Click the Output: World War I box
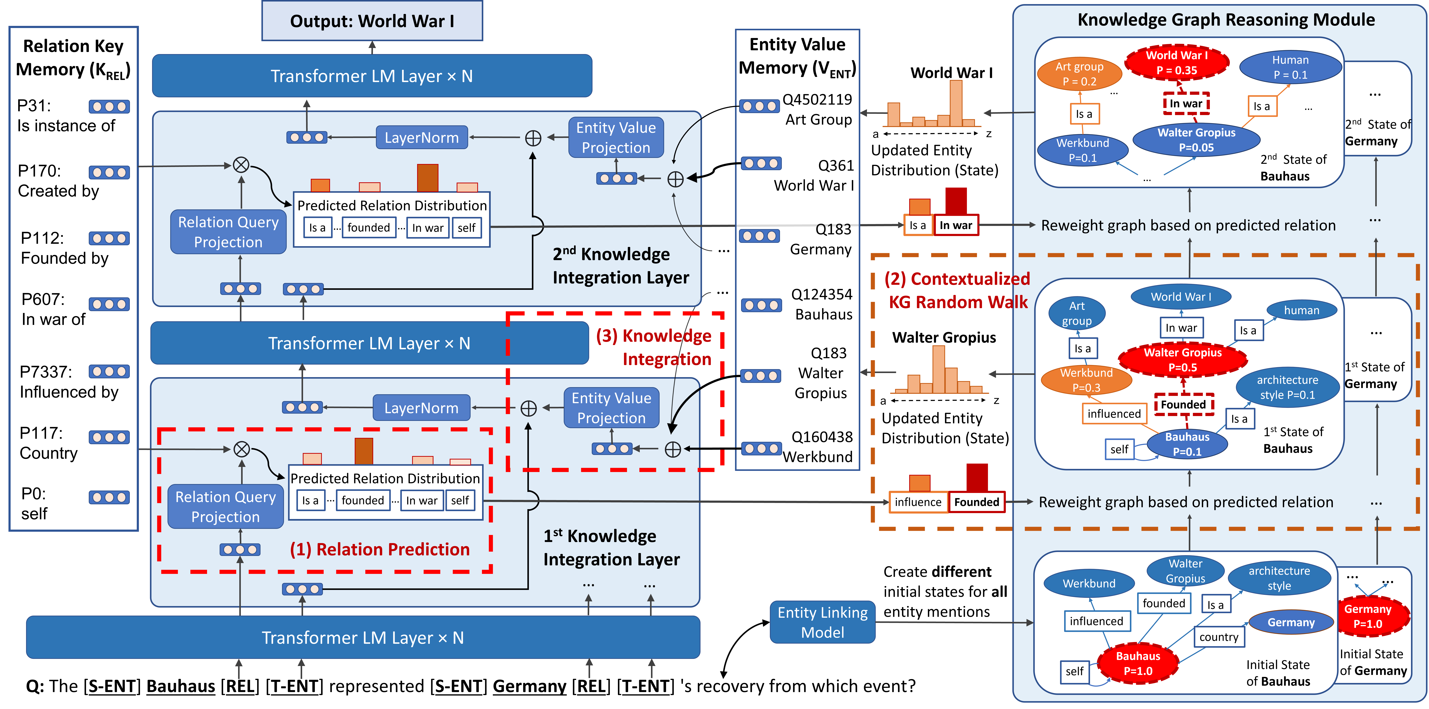pyautogui.click(x=372, y=21)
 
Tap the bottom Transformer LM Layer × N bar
pyautogui.click(x=363, y=638)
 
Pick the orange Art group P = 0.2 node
pyautogui.click(x=1079, y=74)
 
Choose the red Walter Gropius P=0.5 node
pyautogui.click(x=1183, y=360)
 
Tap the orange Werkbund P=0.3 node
pyautogui.click(x=1086, y=380)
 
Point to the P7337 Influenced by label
pyautogui.click(x=69, y=382)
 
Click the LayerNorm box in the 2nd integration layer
pyautogui.click(x=422, y=137)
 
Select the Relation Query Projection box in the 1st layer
pyautogui.click(x=225, y=507)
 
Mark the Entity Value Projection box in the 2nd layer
pyautogui.click(x=616, y=137)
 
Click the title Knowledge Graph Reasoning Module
pyautogui.click(x=1226, y=20)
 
